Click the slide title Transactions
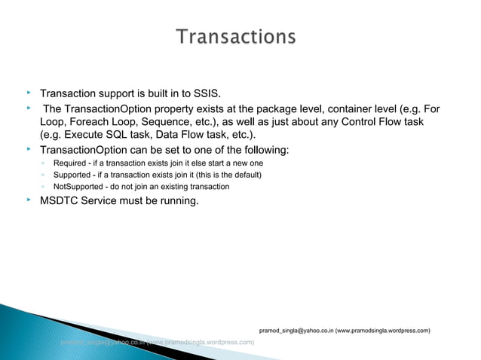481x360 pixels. point(236,37)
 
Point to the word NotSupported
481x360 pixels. point(79,186)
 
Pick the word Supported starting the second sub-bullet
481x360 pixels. point(72,175)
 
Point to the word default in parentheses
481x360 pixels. point(243,175)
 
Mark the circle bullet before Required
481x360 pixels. point(44,163)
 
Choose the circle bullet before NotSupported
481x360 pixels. point(44,186)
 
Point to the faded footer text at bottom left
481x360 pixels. point(158,342)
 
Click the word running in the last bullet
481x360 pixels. point(176,201)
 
